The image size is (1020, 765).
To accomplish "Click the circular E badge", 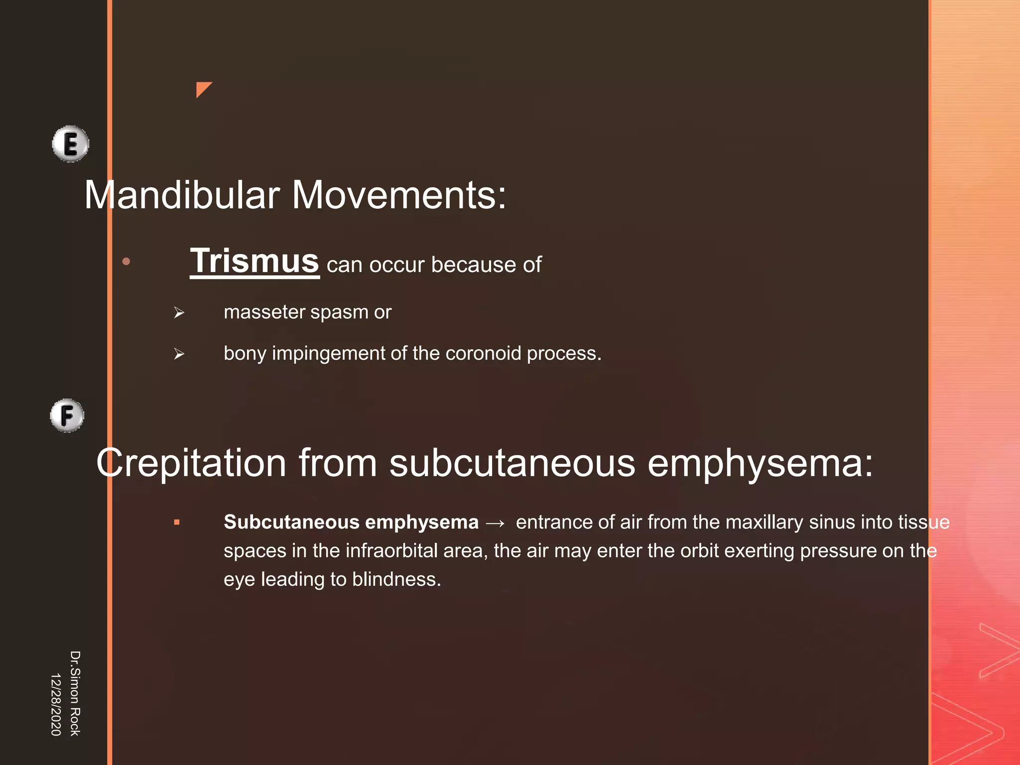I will pyautogui.click(x=71, y=144).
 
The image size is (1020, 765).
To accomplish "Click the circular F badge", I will pyautogui.click(x=67, y=415).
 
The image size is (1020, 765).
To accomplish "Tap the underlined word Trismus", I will pyautogui.click(x=255, y=261).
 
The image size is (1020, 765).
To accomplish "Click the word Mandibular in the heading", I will pyautogui.click(x=182, y=195).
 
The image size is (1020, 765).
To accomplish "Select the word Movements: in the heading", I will pyautogui.click(x=399, y=195).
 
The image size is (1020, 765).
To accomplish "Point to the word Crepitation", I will pyautogui.click(x=191, y=463).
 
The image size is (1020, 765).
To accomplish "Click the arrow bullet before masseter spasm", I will pyautogui.click(x=179, y=313).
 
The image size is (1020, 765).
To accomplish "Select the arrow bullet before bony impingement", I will pyautogui.click(x=179, y=354).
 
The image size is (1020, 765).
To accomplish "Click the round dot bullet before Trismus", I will pyautogui.click(x=127, y=261).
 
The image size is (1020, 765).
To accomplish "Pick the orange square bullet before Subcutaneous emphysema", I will pyautogui.click(x=177, y=522).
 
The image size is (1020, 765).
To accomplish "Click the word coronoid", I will pyautogui.click(x=483, y=353).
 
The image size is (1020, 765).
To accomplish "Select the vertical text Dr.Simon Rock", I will pyautogui.click(x=75, y=693).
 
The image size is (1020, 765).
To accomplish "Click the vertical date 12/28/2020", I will pyautogui.click(x=56, y=704).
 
